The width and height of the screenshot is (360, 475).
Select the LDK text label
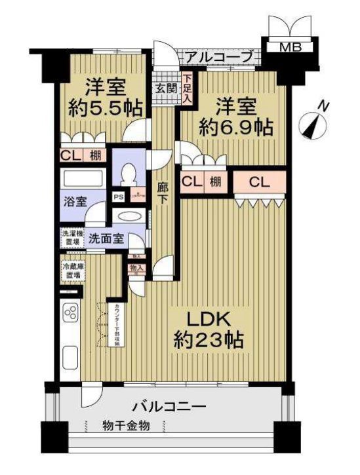click(209, 319)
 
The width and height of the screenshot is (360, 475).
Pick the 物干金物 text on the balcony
click(126, 426)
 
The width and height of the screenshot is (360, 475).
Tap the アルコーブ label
click(218, 58)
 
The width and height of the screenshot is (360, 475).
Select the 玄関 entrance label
click(165, 88)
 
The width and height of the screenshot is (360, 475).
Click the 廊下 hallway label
click(164, 195)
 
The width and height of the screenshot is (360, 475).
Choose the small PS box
click(119, 196)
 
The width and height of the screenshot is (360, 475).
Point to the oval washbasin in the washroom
click(129, 217)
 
